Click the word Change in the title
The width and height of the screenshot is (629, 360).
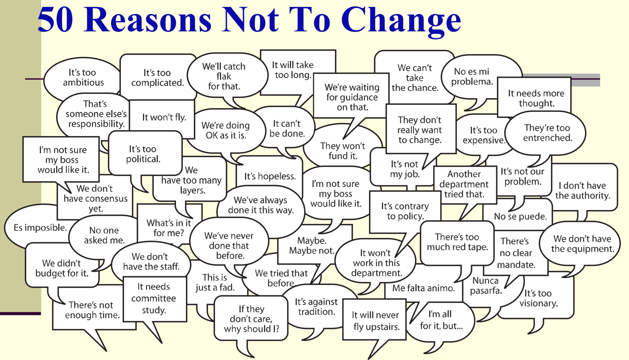click(x=401, y=20)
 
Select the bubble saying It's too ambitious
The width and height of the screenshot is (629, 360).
click(x=83, y=77)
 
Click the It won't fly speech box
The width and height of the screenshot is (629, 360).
click(x=164, y=117)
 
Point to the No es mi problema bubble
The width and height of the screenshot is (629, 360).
click(x=472, y=76)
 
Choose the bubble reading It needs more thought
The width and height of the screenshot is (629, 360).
click(x=535, y=98)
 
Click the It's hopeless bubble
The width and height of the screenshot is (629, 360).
click(x=270, y=176)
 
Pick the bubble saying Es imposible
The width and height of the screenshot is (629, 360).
click(x=40, y=227)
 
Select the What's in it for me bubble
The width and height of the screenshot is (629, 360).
click(x=169, y=228)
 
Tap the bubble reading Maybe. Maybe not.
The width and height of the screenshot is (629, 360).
click(x=312, y=246)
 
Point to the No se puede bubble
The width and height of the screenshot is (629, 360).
click(x=520, y=216)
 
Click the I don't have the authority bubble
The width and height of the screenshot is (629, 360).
click(x=583, y=190)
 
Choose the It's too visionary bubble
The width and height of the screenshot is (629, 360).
click(x=538, y=298)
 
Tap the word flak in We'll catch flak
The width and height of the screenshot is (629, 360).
click(x=224, y=76)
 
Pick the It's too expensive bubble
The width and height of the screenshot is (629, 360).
click(x=483, y=135)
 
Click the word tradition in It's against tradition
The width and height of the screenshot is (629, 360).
click(x=316, y=312)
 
